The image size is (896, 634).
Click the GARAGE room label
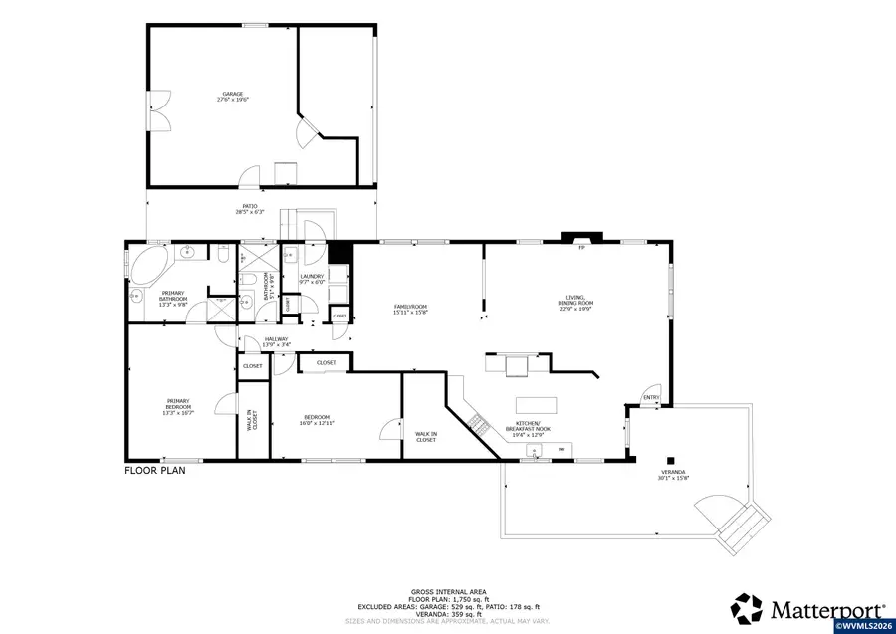[x=234, y=95]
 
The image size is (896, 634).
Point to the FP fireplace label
[x=581, y=248]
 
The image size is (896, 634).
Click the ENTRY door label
[x=651, y=397]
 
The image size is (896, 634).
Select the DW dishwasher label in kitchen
[x=561, y=450]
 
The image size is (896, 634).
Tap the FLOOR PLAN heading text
[x=154, y=470]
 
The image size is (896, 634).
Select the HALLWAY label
[x=276, y=340]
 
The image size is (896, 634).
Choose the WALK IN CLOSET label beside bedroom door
[x=426, y=436]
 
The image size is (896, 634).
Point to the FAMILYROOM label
[x=409, y=307]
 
